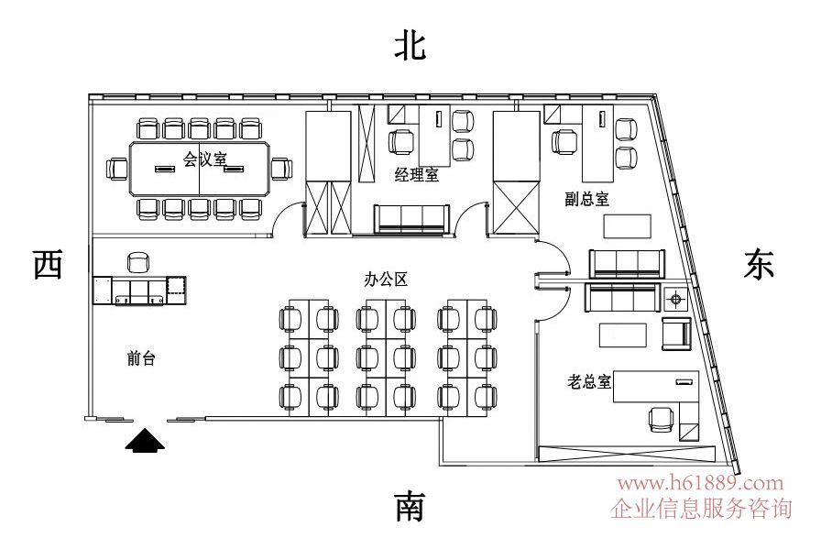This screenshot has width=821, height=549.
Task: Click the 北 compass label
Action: click(410, 45)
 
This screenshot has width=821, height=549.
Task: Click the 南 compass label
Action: click(410, 506)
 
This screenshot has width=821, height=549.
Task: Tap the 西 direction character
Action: click(47, 265)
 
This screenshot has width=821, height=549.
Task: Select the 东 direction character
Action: click(760, 265)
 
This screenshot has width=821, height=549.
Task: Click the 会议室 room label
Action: click(204, 159)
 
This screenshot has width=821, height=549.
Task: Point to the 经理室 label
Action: click(416, 175)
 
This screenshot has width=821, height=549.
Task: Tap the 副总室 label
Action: click(587, 199)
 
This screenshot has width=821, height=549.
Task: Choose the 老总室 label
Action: click(589, 380)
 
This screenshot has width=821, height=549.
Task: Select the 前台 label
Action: click(141, 359)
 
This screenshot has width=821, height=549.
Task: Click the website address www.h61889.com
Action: click(701, 483)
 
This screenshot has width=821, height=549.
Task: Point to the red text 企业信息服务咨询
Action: click(701, 508)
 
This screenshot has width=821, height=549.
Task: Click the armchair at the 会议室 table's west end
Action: click(117, 169)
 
